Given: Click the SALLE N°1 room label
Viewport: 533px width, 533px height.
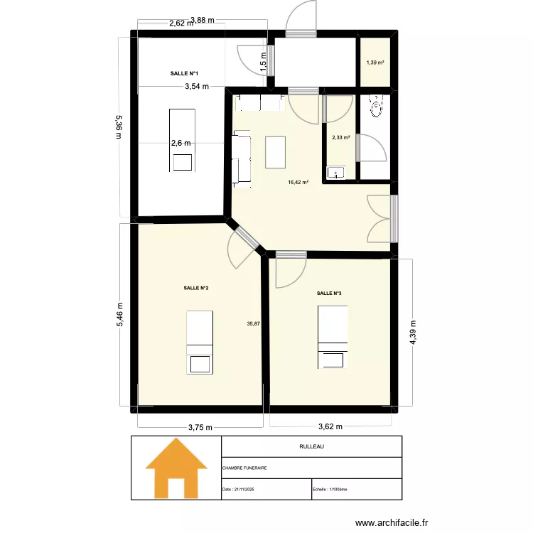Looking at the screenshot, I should point(184,74).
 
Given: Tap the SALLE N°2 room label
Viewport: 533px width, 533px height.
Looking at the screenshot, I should point(195,288).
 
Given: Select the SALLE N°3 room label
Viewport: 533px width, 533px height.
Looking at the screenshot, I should point(329,293).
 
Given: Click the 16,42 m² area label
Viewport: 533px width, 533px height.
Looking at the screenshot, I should point(298,182).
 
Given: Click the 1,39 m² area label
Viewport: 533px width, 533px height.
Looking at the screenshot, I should point(375,63).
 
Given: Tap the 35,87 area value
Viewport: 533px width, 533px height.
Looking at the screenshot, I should point(253,324).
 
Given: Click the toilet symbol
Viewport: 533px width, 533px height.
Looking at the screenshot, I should point(376,107).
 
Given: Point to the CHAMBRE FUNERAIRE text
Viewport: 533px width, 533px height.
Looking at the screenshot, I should point(244,468).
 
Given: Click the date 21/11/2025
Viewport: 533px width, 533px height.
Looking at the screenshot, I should point(242,490).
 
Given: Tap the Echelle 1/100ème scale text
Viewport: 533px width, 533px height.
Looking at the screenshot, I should point(334,490).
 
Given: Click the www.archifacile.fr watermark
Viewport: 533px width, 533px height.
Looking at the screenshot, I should point(392,523).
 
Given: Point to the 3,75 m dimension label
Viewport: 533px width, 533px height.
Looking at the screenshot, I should point(200,427).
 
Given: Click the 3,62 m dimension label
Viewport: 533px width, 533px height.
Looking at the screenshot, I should point(329,427).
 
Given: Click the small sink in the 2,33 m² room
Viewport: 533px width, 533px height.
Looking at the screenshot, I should point(335,172).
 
